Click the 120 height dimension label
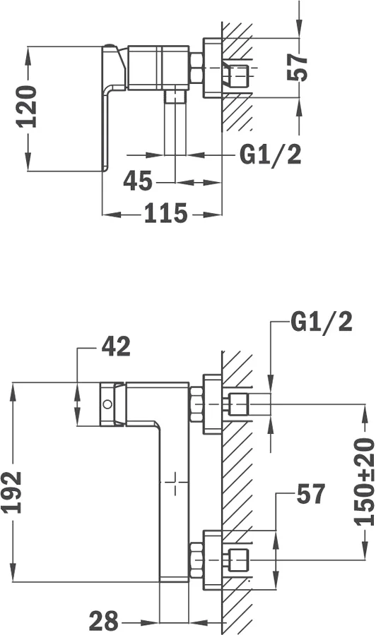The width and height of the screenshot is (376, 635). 27,107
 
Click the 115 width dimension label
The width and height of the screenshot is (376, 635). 166,213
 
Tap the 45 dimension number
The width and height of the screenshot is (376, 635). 138,181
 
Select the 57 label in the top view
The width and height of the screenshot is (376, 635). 298,67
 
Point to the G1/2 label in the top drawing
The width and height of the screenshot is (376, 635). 271,155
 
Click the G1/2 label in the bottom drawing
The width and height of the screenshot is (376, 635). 322,322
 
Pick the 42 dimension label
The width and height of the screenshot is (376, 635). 116,346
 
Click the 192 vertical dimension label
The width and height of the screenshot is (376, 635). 12,492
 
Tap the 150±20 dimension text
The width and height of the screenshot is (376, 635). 364,481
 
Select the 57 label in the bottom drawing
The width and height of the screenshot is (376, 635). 311,494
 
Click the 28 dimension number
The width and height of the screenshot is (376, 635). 104,621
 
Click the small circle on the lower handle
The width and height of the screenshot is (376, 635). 107,404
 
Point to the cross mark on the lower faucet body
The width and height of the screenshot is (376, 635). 175,483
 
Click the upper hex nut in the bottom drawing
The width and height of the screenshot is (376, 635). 196,404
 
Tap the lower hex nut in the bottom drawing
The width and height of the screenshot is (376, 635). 196,560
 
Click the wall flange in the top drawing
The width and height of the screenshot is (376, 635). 213,67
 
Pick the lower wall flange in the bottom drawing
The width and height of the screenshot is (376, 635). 213,560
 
